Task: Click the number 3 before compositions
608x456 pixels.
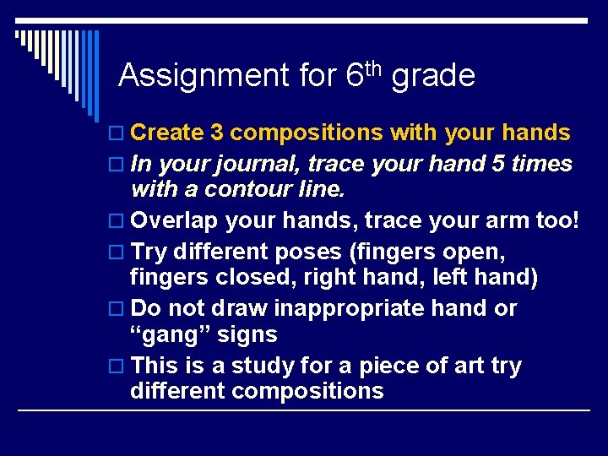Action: [217, 133]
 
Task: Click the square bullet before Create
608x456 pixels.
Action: [117, 133]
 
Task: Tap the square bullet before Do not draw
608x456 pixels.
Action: [117, 309]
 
